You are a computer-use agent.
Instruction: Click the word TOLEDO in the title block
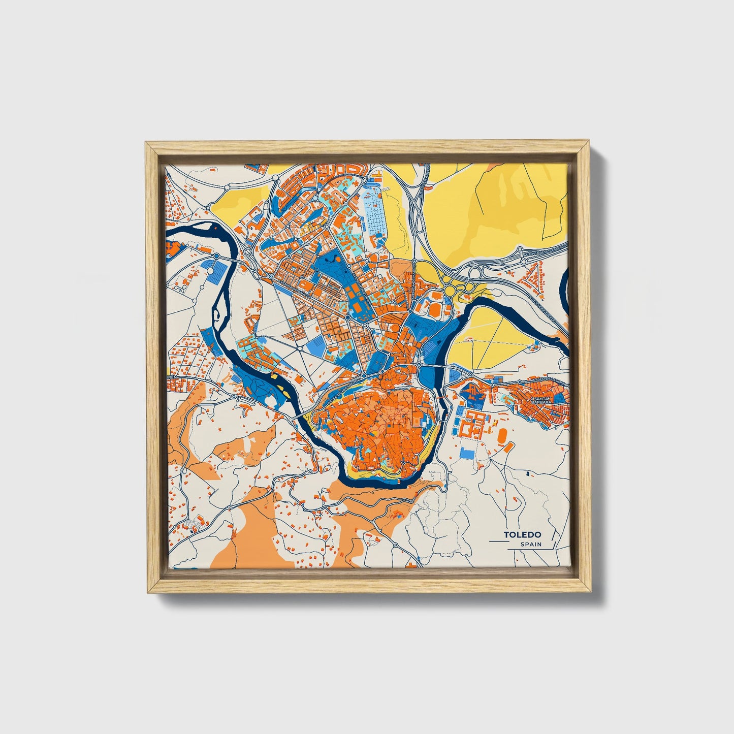pyautogui.click(x=522, y=534)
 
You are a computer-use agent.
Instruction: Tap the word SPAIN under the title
pyautogui.click(x=531, y=545)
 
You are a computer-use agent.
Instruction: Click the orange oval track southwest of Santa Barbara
pyautogui.click(x=502, y=435)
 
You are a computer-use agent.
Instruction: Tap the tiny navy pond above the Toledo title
pyautogui.click(x=528, y=474)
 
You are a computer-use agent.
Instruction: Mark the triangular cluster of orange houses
pyautogui.click(x=531, y=274)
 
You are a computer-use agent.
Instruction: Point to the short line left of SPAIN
pyautogui.click(x=498, y=542)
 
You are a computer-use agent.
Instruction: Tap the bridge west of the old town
pyautogui.click(x=300, y=414)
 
